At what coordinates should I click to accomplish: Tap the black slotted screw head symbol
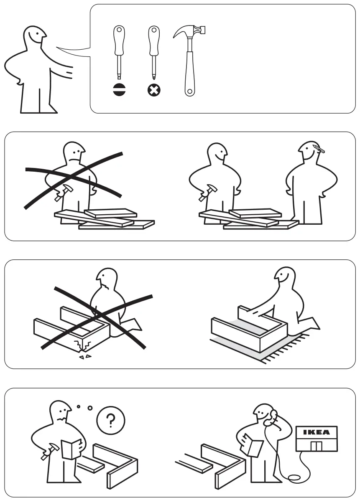[119, 89]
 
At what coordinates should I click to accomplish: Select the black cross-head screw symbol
[154, 89]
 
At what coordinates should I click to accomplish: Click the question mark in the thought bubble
[110, 421]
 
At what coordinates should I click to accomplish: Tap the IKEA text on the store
[316, 432]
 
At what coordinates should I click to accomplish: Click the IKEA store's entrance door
[316, 446]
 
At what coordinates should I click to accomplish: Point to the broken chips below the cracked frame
[85, 357]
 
